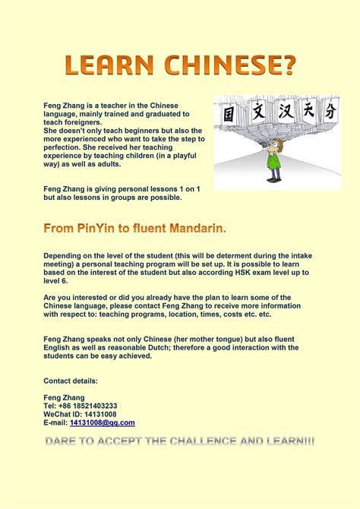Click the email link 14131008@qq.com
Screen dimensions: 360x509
(x=102, y=422)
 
